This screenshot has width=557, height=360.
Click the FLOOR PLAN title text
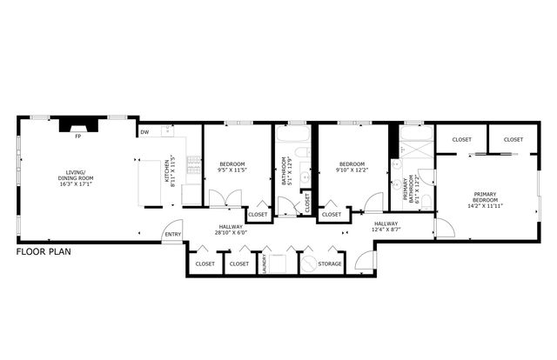pos(44,252)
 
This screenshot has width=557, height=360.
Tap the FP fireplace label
pos(77,137)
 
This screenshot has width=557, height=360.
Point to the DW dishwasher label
pos(144,132)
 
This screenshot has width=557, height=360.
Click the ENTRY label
pos(173,234)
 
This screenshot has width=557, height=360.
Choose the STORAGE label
pos(330,263)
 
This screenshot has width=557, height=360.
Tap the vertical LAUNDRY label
pos(263,264)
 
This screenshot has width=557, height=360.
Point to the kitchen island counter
pos(153,183)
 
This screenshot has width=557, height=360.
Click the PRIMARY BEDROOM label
pos(485,197)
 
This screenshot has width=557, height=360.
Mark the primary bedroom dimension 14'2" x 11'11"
pos(485,207)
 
